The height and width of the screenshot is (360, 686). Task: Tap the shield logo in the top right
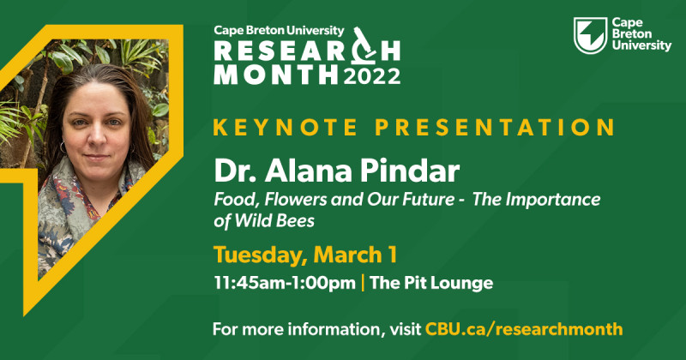click(x=590, y=35)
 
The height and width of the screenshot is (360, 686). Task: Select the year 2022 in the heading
click(x=372, y=75)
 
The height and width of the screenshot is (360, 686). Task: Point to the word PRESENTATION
click(x=495, y=127)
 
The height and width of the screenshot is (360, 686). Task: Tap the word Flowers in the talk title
click(x=295, y=200)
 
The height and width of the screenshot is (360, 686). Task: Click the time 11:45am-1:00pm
click(x=285, y=283)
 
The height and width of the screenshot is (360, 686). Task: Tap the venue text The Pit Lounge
click(x=431, y=283)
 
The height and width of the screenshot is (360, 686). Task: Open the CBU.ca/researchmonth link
click(x=524, y=328)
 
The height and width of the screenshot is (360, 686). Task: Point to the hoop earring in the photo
click(x=63, y=147)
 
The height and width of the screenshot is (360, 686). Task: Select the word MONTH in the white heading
click(x=275, y=75)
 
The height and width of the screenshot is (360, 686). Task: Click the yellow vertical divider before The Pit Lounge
click(x=363, y=283)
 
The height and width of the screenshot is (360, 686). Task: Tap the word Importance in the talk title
click(x=553, y=200)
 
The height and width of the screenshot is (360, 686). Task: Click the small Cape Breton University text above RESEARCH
click(x=280, y=31)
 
